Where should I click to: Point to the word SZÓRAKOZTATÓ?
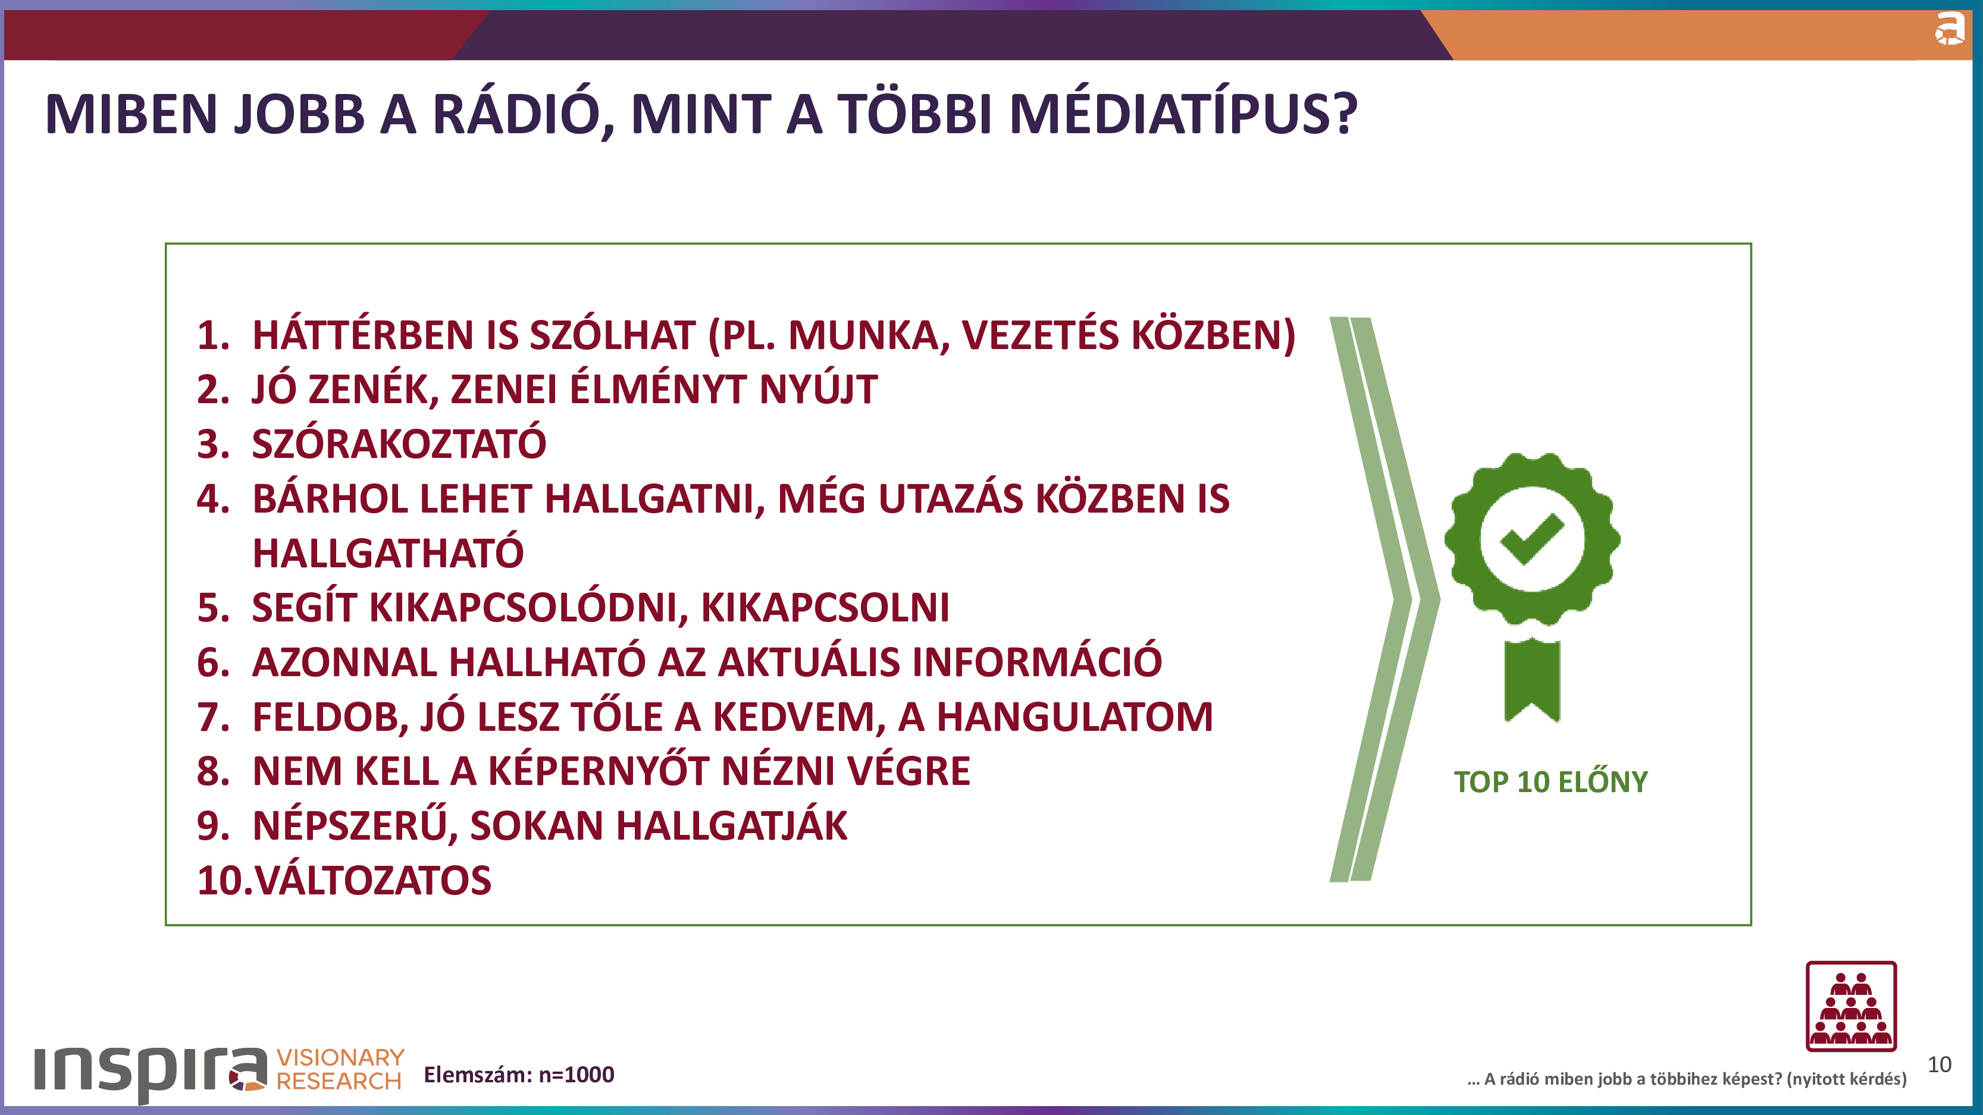tap(399, 444)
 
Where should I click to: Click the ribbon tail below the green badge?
tap(1532, 680)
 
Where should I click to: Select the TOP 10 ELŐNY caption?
tap(1550, 782)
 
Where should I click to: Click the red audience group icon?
tap(1850, 1006)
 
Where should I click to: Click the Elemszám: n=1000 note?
tap(519, 1074)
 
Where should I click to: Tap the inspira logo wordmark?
tap(150, 1070)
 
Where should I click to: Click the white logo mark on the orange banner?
tap(1949, 29)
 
